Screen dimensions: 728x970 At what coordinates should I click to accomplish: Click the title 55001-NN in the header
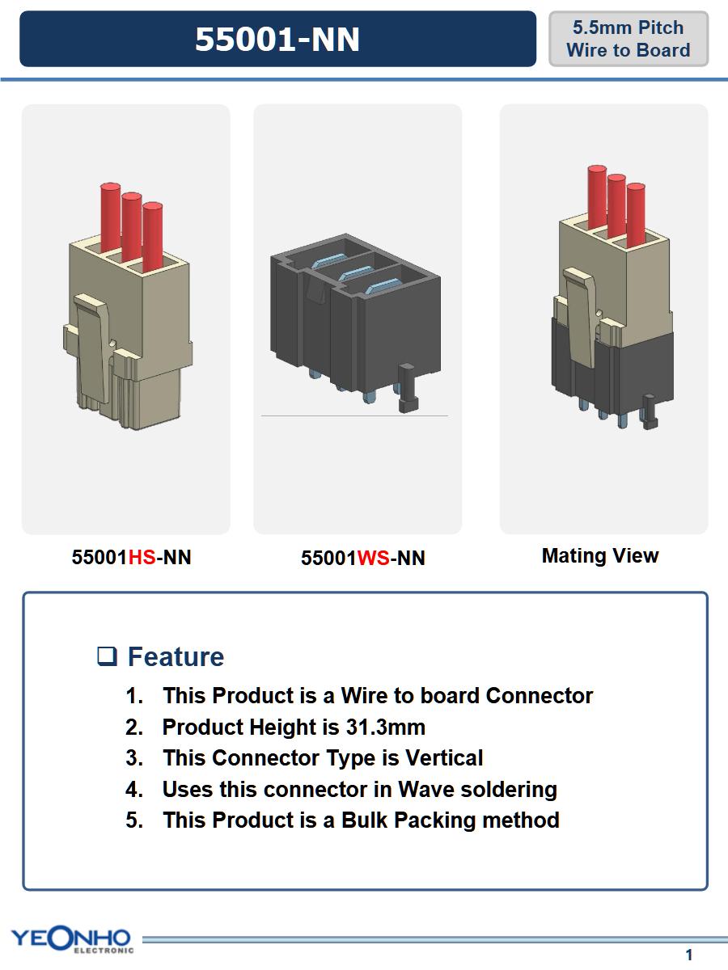(x=277, y=40)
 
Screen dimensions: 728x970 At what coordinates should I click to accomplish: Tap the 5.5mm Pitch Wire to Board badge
(x=629, y=39)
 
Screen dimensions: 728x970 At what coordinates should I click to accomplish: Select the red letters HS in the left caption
(x=142, y=557)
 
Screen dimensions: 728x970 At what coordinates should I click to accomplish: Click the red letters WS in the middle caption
(x=374, y=558)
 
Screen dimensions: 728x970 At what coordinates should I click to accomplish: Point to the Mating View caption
(x=600, y=556)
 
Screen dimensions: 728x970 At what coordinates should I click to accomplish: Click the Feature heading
(x=176, y=656)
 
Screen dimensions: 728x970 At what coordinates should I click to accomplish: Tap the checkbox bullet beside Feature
(x=107, y=656)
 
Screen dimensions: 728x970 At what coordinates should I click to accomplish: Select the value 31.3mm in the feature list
(x=386, y=727)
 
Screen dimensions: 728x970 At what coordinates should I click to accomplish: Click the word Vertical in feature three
(x=444, y=758)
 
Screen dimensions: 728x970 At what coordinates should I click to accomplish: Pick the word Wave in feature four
(x=426, y=789)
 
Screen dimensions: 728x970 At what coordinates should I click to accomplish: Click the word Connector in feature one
(x=540, y=696)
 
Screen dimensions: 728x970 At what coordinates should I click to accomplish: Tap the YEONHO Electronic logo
(x=72, y=938)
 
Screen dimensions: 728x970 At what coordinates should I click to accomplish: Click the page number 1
(x=688, y=955)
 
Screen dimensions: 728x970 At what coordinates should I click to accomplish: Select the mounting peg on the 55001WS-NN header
(x=408, y=388)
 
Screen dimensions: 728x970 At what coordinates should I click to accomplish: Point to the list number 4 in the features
(x=134, y=789)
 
